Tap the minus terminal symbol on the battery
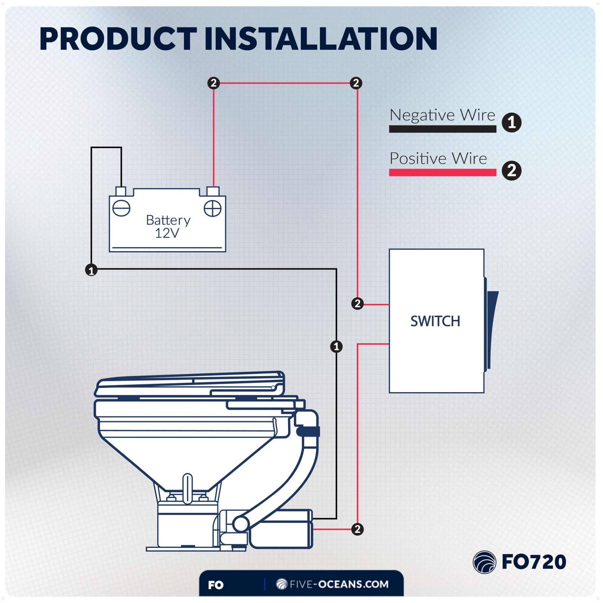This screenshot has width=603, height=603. click(x=121, y=208)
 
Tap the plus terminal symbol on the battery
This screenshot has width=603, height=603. click(x=213, y=208)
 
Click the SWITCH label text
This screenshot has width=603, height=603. click(x=435, y=321)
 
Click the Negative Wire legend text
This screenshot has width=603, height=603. click(x=442, y=115)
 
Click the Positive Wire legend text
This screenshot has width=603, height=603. click(x=438, y=159)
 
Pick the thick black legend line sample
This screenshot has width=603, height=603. click(x=442, y=129)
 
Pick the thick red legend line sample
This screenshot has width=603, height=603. click(x=442, y=172)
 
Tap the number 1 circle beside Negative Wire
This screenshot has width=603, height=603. click(x=511, y=122)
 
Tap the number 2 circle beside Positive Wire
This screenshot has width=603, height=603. click(x=511, y=171)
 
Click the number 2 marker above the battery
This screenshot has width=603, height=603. click(x=213, y=83)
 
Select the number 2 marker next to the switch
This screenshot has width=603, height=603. click(x=357, y=304)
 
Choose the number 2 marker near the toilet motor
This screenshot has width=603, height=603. click(x=357, y=529)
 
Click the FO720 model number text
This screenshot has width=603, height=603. click(x=534, y=562)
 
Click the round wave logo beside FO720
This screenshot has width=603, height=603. click(x=484, y=562)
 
